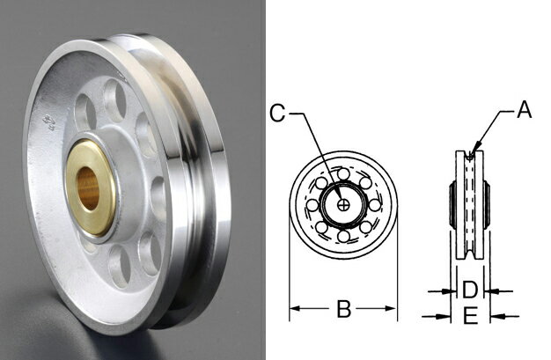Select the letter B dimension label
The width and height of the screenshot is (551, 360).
pos(344,309)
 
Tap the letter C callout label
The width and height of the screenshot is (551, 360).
pos(276,112)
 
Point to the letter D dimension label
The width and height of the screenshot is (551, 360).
pos(470,289)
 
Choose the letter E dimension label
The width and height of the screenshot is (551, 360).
pos(470,315)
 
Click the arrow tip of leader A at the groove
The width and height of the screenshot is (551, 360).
pos(474,156)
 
